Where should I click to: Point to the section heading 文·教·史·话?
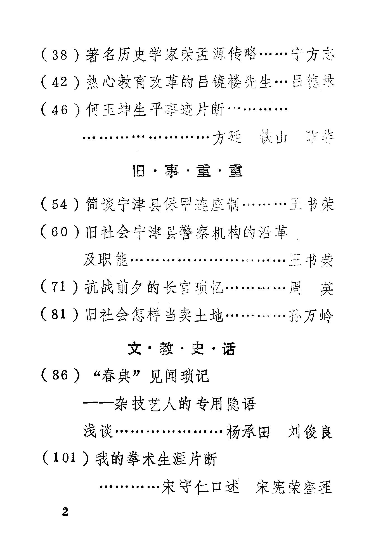point(182,349)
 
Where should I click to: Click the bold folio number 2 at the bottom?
point(65,512)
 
